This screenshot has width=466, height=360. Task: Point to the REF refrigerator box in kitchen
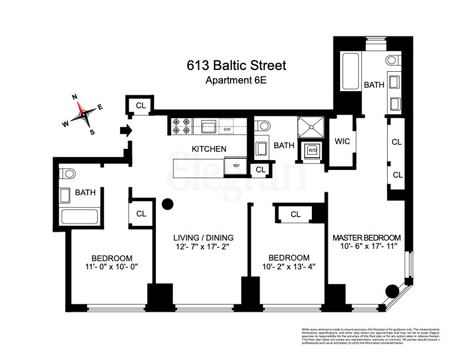click(x=235, y=166)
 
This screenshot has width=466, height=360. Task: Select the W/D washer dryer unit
click(x=311, y=150)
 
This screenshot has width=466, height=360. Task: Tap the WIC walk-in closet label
click(x=342, y=142)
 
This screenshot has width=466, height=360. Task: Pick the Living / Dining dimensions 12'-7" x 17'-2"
click(x=203, y=248)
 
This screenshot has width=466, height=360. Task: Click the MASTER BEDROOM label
click(x=367, y=238)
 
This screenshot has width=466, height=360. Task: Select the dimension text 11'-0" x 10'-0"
click(x=111, y=268)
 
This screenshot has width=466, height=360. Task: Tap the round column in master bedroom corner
click(x=392, y=291)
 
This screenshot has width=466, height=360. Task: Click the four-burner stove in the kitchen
click(x=180, y=125)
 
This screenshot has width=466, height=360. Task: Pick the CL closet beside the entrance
click(x=141, y=106)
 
